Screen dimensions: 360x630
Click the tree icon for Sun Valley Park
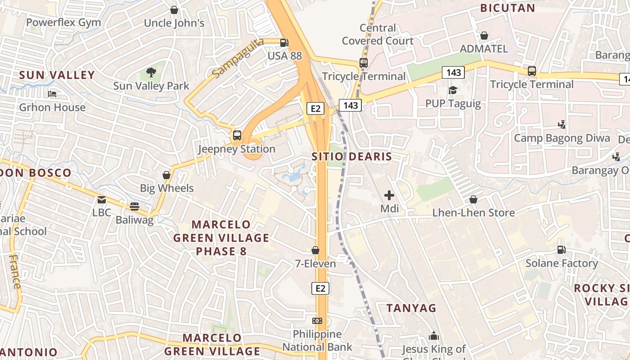(x=151, y=72)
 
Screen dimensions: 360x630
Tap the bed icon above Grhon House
(x=52, y=94)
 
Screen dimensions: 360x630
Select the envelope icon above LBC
(x=102, y=199)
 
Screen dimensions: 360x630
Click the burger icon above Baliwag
(x=135, y=207)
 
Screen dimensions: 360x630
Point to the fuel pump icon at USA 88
(x=284, y=43)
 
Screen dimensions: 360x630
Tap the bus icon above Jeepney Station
(x=237, y=135)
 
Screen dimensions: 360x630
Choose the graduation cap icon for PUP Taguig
(x=453, y=90)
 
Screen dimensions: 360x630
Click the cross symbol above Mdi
(x=389, y=195)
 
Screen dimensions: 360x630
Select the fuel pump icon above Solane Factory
(x=562, y=249)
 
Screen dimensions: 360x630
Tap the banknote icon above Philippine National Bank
(x=318, y=321)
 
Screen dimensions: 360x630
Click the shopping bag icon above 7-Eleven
(x=315, y=250)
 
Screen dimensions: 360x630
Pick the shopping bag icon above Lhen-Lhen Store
(x=473, y=199)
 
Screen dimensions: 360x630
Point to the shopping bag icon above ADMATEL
(x=484, y=35)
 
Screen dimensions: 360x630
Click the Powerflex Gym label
(x=63, y=22)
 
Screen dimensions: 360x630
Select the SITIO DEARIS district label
(x=352, y=157)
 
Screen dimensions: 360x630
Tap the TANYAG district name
(x=411, y=308)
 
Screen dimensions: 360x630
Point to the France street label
(x=15, y=271)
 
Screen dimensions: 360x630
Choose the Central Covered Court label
(x=378, y=35)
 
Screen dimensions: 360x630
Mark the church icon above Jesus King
(x=434, y=336)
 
